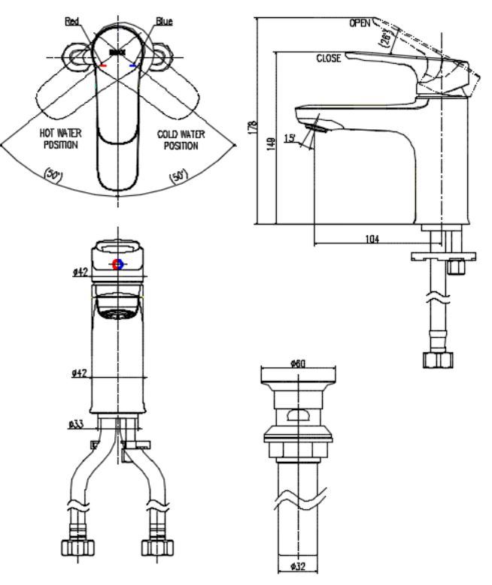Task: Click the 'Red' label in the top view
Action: [x=72, y=21]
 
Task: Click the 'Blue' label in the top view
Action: [x=162, y=21]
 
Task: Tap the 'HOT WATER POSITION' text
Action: [x=61, y=138]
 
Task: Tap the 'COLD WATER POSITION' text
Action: [x=181, y=138]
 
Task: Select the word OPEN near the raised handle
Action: [x=360, y=23]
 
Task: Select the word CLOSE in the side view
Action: [x=329, y=58]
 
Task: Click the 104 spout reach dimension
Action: [x=372, y=239]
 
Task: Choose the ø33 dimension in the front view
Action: [x=76, y=424]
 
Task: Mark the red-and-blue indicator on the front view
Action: [x=117, y=264]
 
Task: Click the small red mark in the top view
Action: [x=104, y=66]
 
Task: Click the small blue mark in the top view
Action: [x=133, y=66]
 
